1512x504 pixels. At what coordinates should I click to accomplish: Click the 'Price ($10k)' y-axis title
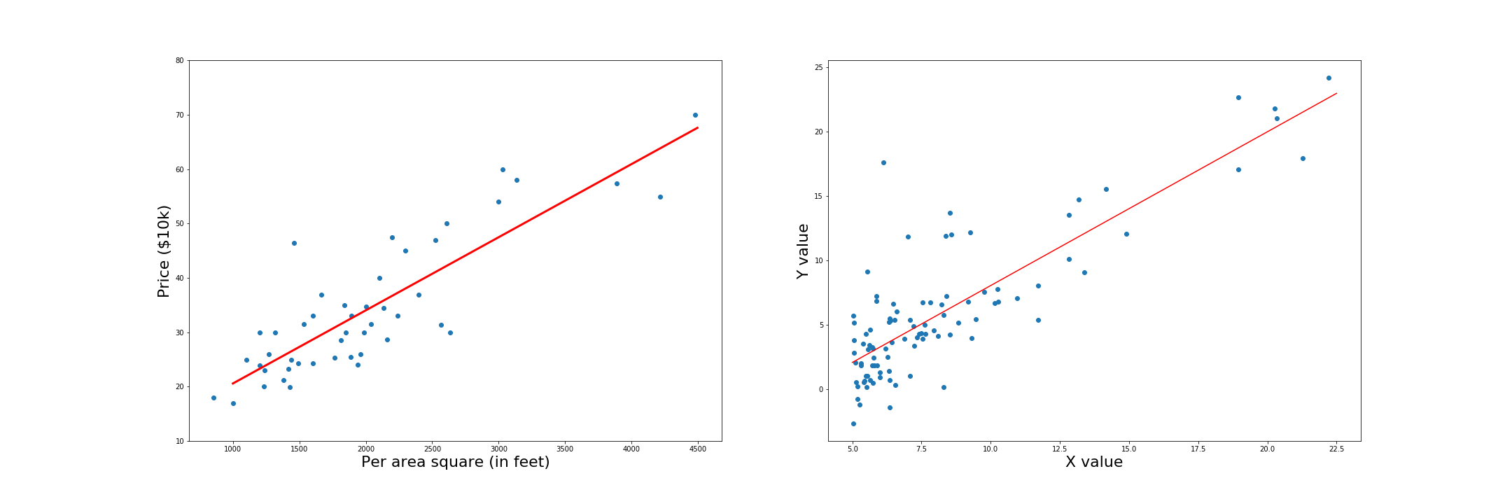[164, 251]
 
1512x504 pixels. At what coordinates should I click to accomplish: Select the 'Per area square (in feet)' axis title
[455, 463]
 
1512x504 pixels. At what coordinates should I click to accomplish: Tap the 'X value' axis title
[1093, 463]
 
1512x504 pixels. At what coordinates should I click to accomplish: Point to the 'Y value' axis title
[803, 251]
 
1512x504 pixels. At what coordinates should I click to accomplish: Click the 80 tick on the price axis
[179, 61]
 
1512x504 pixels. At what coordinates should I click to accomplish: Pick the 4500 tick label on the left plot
[697, 449]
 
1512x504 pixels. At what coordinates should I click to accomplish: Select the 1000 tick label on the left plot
[232, 449]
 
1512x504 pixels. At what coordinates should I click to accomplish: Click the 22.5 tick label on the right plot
[1336, 449]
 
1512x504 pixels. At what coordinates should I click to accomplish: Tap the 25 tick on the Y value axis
[818, 67]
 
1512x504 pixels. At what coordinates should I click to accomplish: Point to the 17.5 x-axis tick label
[1198, 449]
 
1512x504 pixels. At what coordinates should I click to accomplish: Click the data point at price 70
[695, 115]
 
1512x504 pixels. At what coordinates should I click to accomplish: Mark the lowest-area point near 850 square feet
[213, 398]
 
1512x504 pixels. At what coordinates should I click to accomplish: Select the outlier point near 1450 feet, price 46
[294, 243]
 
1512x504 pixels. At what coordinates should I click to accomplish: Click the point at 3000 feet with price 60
[503, 169]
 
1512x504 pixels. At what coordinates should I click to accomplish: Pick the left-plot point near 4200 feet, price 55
[660, 197]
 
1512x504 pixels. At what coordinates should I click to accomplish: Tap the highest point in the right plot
[1329, 78]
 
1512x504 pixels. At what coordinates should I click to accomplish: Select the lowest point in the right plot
[853, 423]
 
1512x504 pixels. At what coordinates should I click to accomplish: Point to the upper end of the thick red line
[697, 127]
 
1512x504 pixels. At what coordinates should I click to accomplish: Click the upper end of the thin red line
[1336, 93]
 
